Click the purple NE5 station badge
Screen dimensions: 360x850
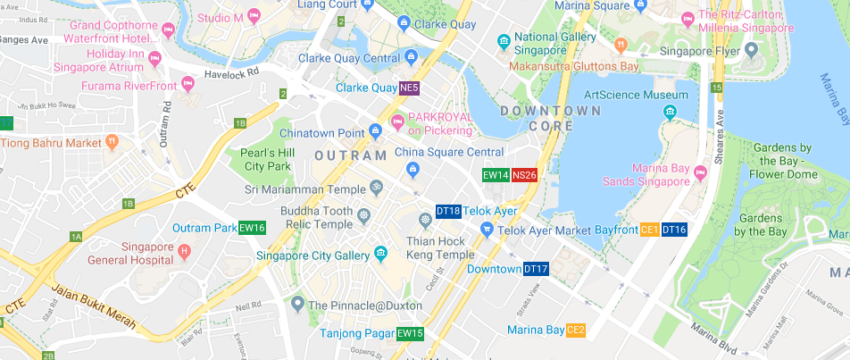(x=409, y=88)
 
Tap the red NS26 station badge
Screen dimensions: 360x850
(x=524, y=175)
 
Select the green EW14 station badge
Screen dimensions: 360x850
(x=496, y=175)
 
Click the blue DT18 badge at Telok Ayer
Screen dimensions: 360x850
(x=448, y=212)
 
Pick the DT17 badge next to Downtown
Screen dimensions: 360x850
(x=536, y=269)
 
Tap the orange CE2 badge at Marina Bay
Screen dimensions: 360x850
(x=576, y=330)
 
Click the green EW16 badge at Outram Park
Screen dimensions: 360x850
(x=253, y=228)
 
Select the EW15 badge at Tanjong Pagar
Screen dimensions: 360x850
(x=410, y=333)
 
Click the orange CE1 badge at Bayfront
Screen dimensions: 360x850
(x=649, y=230)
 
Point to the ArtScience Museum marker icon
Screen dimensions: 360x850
(x=670, y=112)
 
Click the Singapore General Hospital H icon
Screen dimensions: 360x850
(x=185, y=250)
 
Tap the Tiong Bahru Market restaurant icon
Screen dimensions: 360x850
(x=112, y=142)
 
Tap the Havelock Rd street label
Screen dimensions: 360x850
(x=230, y=74)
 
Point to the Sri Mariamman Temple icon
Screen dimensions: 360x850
(x=377, y=188)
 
